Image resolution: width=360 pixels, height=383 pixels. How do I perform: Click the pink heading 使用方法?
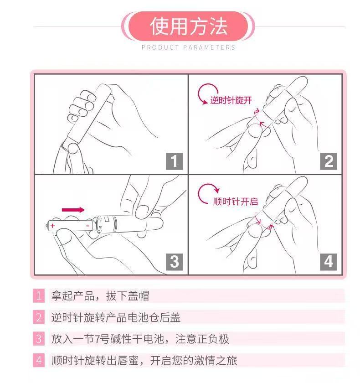pyautogui.click(x=188, y=26)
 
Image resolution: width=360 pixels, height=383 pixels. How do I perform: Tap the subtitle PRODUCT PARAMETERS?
pyautogui.click(x=188, y=47)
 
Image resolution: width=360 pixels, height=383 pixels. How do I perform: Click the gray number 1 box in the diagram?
pyautogui.click(x=174, y=161)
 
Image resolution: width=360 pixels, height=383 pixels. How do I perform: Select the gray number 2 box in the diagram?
pyautogui.click(x=329, y=161)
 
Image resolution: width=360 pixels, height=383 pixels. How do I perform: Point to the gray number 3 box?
pyautogui.click(x=174, y=262)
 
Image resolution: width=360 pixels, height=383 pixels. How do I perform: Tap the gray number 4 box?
pyautogui.click(x=329, y=262)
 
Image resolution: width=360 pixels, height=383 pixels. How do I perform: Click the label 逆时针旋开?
pyautogui.click(x=231, y=100)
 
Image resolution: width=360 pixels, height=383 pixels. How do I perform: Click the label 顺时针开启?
pyautogui.click(x=236, y=202)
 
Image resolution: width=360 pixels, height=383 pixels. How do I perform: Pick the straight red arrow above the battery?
pyautogui.click(x=73, y=210)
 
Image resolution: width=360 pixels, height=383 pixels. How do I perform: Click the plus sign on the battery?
pyautogui.click(x=52, y=226)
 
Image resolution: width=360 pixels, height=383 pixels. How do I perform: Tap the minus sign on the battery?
pyautogui.click(x=87, y=226)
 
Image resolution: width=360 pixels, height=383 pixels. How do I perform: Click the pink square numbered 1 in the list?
pyautogui.click(x=39, y=295)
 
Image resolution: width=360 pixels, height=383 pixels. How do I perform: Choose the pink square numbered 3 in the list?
pyautogui.click(x=39, y=339)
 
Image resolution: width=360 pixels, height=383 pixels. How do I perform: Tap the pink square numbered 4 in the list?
pyautogui.click(x=39, y=360)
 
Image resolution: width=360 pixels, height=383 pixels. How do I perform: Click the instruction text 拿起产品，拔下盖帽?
pyautogui.click(x=100, y=296)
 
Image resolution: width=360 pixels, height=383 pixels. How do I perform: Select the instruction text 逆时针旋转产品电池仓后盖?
pyautogui.click(x=116, y=317)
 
